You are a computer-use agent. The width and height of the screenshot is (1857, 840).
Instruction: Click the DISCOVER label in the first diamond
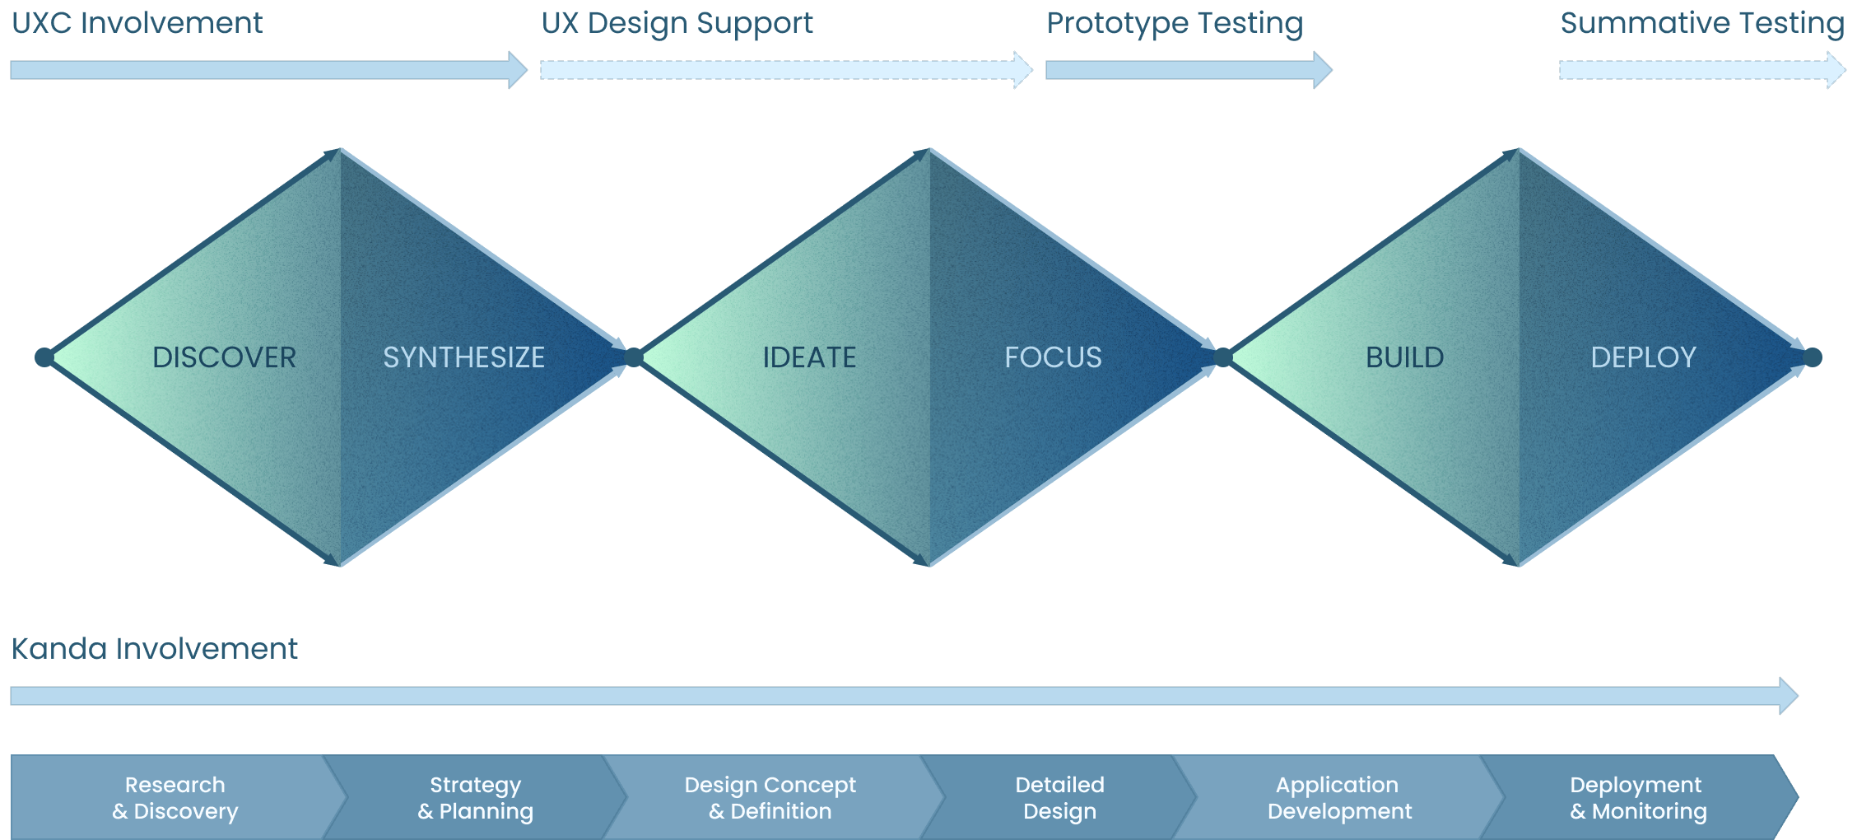pyautogui.click(x=224, y=357)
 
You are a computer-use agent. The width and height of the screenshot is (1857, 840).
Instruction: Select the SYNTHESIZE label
pyautogui.click(x=463, y=357)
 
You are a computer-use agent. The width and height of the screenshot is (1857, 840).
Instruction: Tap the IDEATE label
pyautogui.click(x=809, y=357)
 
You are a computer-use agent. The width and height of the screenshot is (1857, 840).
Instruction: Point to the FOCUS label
pyautogui.click(x=1053, y=357)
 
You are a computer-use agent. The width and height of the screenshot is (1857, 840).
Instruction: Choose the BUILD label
pyautogui.click(x=1404, y=357)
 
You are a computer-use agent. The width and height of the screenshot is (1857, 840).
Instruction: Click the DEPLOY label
pyautogui.click(x=1643, y=357)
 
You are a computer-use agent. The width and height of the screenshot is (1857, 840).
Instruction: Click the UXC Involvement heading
pyautogui.click(x=137, y=23)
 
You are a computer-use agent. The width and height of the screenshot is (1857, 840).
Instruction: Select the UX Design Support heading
pyautogui.click(x=677, y=23)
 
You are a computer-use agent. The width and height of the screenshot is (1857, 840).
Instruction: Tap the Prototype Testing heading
pyautogui.click(x=1175, y=23)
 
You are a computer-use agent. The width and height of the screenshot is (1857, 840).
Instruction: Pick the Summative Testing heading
pyautogui.click(x=1701, y=23)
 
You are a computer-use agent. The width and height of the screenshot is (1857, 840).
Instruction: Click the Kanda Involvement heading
pyautogui.click(x=154, y=649)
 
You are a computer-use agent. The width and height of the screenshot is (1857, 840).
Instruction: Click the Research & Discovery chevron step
pyautogui.click(x=175, y=797)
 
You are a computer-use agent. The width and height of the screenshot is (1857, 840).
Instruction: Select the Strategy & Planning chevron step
pyautogui.click(x=475, y=797)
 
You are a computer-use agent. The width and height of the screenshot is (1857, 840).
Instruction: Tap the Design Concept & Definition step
pyautogui.click(x=770, y=797)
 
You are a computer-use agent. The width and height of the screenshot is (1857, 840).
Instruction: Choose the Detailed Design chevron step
pyautogui.click(x=1059, y=797)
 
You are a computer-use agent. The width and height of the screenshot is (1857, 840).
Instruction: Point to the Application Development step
pyautogui.click(x=1338, y=797)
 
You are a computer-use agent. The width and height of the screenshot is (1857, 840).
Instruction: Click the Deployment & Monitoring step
pyautogui.click(x=1637, y=797)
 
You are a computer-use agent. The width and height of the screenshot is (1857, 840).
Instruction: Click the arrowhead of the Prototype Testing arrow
pyautogui.click(x=1322, y=70)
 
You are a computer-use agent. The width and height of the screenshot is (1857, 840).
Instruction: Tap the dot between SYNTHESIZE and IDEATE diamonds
pyautogui.click(x=634, y=357)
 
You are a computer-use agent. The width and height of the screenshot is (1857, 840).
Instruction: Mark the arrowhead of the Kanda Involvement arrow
pyautogui.click(x=1788, y=696)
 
